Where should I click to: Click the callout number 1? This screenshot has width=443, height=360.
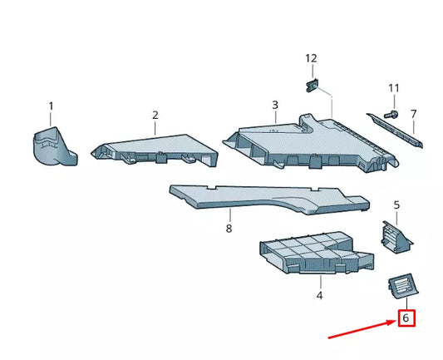tap(51, 106)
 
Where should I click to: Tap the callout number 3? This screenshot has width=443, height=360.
tap(275, 106)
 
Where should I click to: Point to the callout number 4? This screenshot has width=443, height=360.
tap(319, 294)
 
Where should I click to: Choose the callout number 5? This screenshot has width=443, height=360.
tap(397, 205)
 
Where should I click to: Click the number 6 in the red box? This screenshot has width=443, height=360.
tap(406, 318)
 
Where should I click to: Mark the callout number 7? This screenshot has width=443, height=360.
tap(414, 113)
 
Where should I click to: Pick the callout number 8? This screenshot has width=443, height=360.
tap(229, 228)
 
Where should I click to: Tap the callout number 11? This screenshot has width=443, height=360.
tap(394, 88)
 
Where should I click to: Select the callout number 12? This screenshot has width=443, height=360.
tap(311, 58)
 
